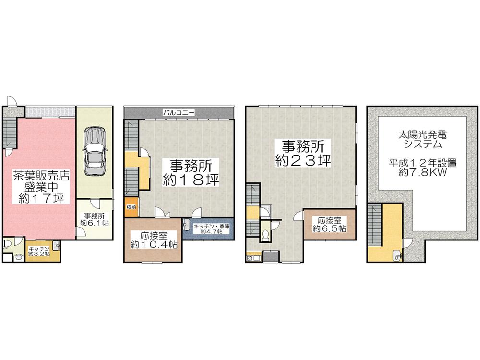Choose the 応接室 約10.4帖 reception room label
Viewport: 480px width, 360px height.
154,240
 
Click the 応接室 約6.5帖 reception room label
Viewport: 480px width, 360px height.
329,224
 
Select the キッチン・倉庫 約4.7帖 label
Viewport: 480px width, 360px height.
208,228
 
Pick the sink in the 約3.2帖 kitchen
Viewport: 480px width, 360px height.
56,244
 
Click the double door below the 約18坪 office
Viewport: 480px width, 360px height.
162,212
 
